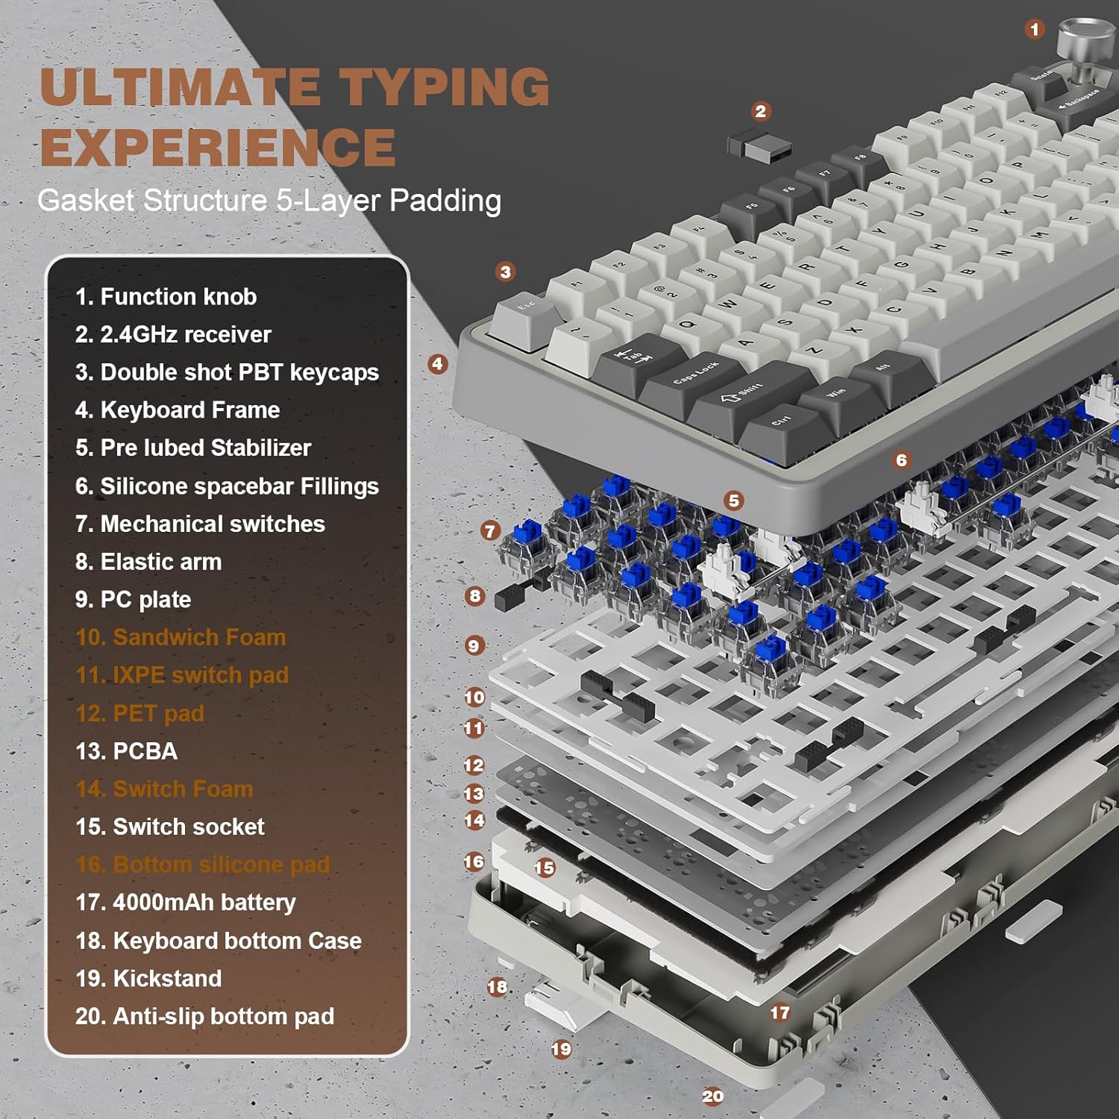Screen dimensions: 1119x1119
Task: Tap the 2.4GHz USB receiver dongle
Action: (x=759, y=145)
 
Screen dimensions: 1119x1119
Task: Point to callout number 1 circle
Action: (x=1034, y=29)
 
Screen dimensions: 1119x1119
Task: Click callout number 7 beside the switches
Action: (x=490, y=530)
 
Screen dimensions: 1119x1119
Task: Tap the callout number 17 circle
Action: (x=780, y=1012)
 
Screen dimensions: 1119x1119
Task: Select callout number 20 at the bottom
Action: (x=712, y=1096)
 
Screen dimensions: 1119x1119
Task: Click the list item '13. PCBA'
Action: (x=127, y=751)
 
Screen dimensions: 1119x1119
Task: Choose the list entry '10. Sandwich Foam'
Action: (x=181, y=637)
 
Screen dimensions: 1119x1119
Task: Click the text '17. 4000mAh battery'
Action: (x=186, y=903)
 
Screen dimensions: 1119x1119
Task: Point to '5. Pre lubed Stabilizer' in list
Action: (x=193, y=448)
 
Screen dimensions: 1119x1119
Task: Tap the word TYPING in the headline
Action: (x=445, y=87)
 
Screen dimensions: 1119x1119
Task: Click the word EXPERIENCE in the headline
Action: (x=218, y=147)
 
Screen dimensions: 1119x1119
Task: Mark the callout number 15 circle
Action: (x=545, y=868)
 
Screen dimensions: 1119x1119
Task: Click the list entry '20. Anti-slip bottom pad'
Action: (x=204, y=1016)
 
